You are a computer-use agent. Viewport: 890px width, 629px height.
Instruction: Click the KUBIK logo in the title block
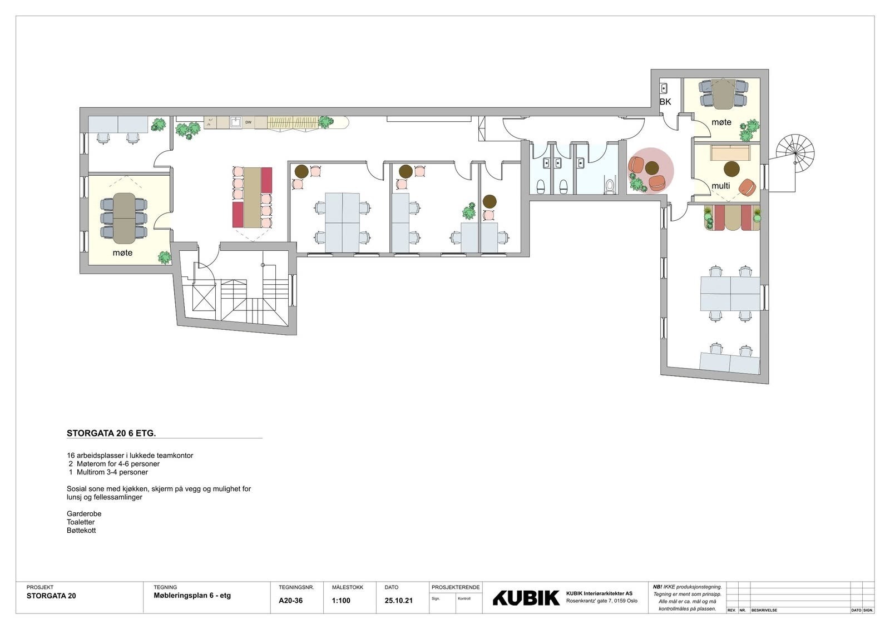pos(526,598)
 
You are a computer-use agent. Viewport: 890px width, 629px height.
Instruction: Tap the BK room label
pos(665,102)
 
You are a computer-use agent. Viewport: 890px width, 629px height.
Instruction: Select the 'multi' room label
pos(720,186)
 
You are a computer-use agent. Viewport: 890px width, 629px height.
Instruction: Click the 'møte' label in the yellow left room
pos(122,253)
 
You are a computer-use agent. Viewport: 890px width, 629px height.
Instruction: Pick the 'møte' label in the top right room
pos(721,122)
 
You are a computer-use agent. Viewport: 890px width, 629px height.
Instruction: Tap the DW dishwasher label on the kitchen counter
pos(248,122)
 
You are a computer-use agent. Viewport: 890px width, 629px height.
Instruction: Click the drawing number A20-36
pos(290,601)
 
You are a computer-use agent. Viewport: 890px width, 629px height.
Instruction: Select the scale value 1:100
pos(341,601)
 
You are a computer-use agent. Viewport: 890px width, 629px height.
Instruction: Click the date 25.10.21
pos(398,601)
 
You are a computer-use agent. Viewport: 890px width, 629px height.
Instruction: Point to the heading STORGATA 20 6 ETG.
pos(111,433)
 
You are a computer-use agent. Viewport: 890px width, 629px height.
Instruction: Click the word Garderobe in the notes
pos(84,514)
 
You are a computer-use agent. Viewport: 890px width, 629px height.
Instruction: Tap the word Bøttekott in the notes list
pos(81,531)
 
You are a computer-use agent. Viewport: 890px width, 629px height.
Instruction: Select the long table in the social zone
pos(252,197)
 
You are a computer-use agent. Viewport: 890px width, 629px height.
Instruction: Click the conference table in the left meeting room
pos(123,218)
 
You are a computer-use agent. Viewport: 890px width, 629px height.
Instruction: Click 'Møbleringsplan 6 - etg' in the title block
pos(192,596)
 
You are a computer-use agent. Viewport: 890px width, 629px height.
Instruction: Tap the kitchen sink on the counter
pos(235,122)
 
